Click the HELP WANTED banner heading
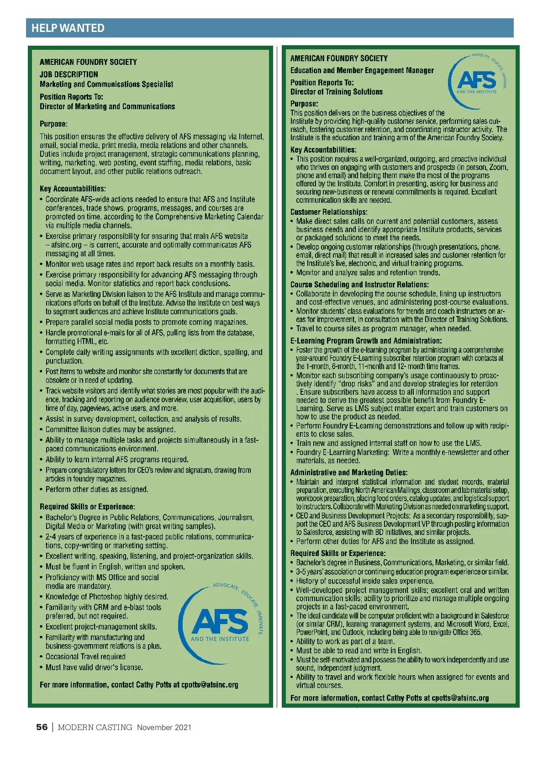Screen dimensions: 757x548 click(x=68, y=28)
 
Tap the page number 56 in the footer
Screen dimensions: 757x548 click(x=42, y=727)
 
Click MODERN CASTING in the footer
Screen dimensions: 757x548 click(x=95, y=727)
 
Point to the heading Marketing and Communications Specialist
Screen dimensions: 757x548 click(x=106, y=84)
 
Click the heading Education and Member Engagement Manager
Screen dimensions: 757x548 click(x=362, y=70)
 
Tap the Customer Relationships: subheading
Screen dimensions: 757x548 click(x=329, y=212)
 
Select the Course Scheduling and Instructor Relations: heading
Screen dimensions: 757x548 click(x=359, y=284)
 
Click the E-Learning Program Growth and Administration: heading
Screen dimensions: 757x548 click(x=366, y=341)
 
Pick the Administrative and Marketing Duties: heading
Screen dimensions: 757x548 click(x=349, y=472)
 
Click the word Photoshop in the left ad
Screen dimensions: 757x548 click(x=106, y=597)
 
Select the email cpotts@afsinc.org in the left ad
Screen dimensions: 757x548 click(x=210, y=684)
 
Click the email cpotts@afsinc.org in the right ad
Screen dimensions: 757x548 click(x=460, y=698)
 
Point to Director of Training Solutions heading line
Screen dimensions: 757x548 click(x=337, y=92)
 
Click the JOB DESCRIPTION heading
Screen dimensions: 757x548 click(x=68, y=74)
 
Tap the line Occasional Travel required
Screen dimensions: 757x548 click(x=85, y=656)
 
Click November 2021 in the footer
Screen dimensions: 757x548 click(x=164, y=727)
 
